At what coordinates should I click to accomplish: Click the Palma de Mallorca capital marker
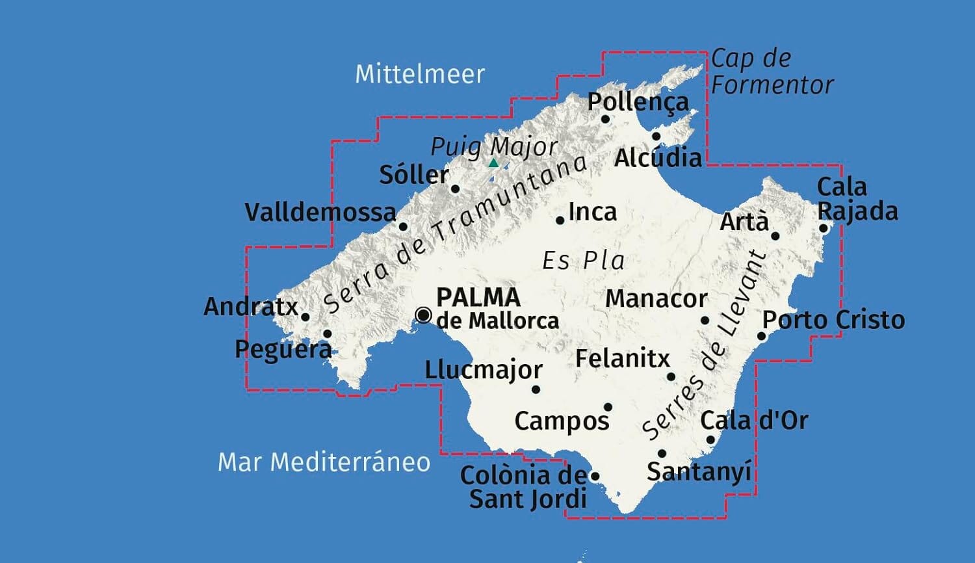423,315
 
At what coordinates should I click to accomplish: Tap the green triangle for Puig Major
493,163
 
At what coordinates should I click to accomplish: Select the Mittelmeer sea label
420,74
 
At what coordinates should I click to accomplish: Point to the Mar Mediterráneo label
324,462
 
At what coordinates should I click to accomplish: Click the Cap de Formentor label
771,72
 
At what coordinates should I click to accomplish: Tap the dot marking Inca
560,221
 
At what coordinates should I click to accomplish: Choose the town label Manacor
656,299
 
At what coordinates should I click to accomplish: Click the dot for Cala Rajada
823,228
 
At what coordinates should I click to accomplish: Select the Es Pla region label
583,261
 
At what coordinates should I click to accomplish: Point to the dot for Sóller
455,189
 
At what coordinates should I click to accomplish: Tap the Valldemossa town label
320,213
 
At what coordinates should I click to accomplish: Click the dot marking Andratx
305,317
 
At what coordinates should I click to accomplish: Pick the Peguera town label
283,350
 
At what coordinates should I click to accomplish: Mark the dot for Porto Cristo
762,336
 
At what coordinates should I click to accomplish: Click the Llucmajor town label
484,370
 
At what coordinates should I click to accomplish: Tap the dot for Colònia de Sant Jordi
594,477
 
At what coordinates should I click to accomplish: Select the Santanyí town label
699,471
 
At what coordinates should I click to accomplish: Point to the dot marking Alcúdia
656,137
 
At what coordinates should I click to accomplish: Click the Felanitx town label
622,358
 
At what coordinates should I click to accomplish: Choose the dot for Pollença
605,119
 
